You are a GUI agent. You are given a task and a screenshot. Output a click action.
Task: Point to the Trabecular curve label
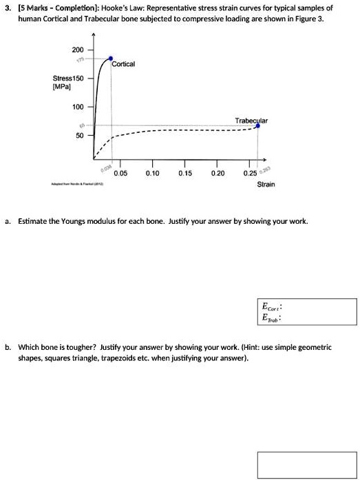pos(251,120)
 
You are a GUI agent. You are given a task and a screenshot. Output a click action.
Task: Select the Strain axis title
pos(266,185)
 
